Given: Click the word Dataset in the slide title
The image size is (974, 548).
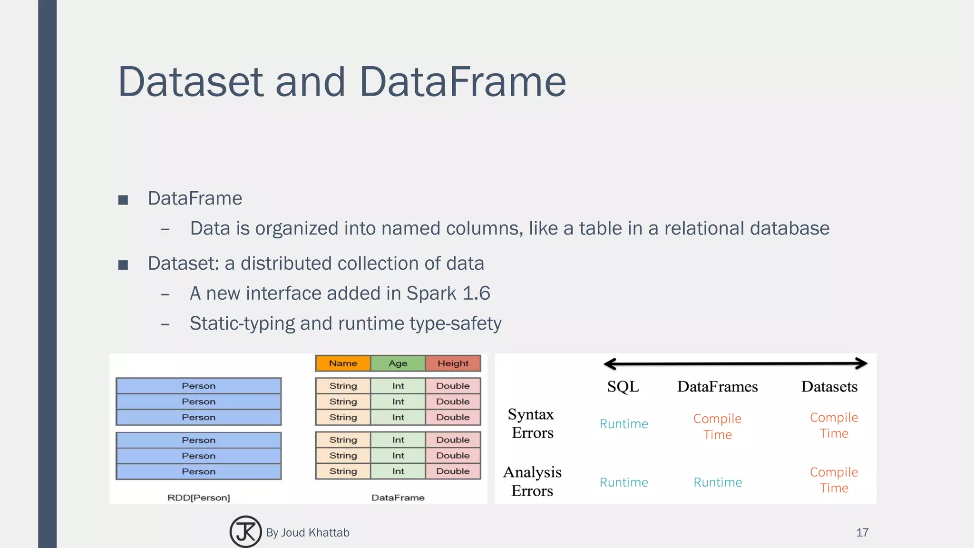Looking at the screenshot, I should coord(190,82).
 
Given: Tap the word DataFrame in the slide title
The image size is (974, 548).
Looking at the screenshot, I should coord(462,82).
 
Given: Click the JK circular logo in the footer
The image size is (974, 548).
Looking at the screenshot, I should coord(245,532).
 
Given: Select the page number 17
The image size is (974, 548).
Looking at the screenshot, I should coord(862,532).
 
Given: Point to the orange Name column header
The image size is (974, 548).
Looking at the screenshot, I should coord(343,363).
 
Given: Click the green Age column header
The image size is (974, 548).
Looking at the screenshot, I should coord(398,363).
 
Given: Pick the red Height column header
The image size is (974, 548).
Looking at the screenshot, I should coord(453,363).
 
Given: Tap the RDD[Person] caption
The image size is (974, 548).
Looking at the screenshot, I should coord(199,498).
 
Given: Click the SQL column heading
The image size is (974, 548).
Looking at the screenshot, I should coord(623,387).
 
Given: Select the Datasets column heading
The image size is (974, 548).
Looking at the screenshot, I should coord(829,387).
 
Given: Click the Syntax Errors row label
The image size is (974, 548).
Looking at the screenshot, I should coord(532,423).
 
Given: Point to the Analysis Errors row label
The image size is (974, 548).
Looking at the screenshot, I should coord(532,481).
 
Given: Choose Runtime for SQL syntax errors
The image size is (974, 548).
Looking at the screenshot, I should coord(623,424).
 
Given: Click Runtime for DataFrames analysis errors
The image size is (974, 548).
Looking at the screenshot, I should coord(718,482).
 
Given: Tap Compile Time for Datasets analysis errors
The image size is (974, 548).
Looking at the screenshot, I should coord(834,480).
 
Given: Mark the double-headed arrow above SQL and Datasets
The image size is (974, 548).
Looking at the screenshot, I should coord(735,364).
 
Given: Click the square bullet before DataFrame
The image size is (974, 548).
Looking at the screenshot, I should coord(123,200).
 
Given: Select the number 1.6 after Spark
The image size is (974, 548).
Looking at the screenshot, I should coord(476,294).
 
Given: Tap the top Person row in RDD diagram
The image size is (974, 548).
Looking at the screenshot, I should coord(199,386).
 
